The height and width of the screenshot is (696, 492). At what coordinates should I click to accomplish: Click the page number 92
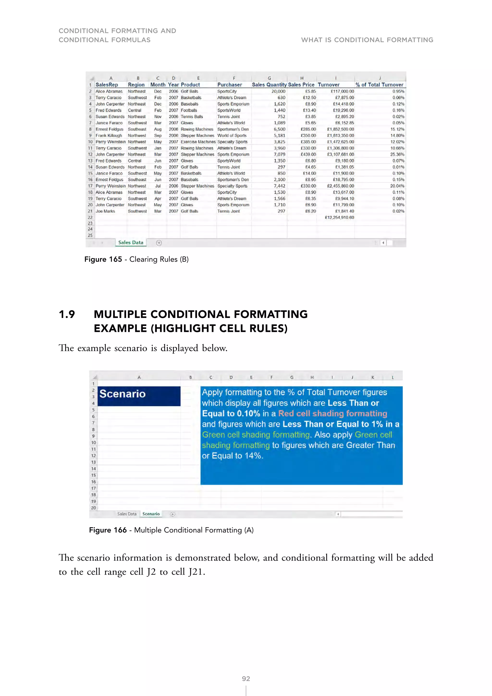tap(246, 678)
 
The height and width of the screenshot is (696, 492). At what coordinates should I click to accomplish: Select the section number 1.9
tap(67, 314)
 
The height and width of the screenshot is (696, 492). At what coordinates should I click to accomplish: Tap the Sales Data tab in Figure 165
tap(131, 242)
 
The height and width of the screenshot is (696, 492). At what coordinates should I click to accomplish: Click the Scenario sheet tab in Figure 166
tap(151, 514)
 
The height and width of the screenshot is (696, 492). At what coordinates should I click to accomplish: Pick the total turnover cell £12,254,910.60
tap(339, 217)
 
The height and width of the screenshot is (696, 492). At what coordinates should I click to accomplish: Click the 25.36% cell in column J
tap(397, 154)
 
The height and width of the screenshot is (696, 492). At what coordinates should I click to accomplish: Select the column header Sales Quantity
tap(269, 85)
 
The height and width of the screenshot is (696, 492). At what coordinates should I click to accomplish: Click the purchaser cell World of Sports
tap(232, 136)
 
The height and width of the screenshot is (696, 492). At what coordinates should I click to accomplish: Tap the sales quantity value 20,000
tap(278, 91)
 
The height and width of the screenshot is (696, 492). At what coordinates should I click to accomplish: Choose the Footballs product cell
tap(189, 110)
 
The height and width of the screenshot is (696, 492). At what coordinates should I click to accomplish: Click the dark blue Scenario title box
tap(139, 396)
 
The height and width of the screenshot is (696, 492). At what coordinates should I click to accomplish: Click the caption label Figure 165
tap(103, 260)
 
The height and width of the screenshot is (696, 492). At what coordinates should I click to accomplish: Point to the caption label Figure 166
tap(108, 530)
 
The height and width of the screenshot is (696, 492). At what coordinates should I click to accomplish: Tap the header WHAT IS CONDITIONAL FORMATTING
tap(367, 40)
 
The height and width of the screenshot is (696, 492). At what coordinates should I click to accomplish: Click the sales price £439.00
tap(308, 154)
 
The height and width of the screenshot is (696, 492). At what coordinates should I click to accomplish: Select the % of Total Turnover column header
tap(379, 85)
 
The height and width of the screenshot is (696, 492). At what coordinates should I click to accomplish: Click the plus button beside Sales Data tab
tap(159, 243)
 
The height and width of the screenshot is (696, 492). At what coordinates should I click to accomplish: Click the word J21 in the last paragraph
tap(195, 572)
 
